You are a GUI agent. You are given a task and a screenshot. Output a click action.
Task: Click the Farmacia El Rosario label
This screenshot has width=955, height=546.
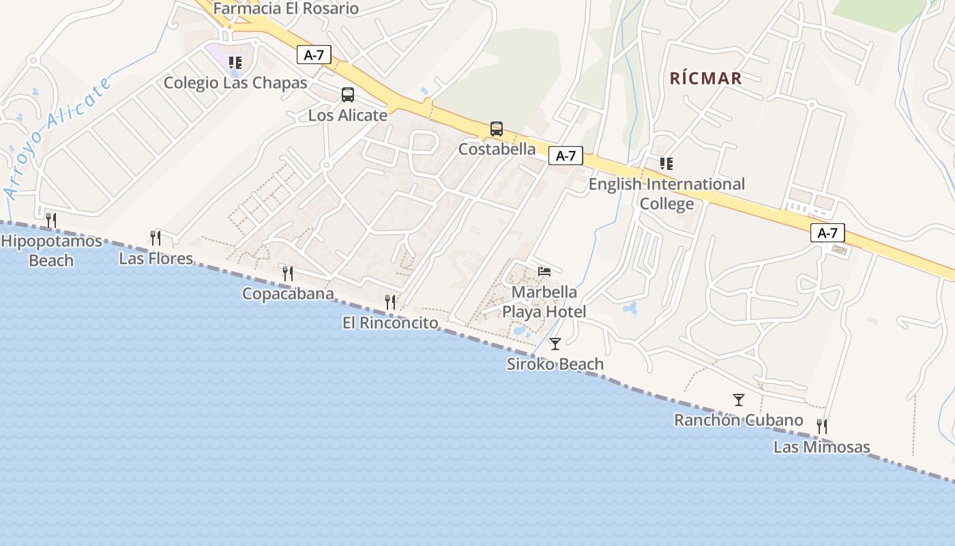point(286,9)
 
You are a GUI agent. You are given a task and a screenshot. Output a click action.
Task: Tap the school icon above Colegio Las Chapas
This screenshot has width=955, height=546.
point(235,63)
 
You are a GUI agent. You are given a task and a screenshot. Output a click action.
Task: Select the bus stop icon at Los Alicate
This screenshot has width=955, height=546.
point(348,95)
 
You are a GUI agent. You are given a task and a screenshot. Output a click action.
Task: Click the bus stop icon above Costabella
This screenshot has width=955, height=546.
point(497,128)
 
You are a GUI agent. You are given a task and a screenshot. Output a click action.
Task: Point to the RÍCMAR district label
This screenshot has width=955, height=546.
point(705,78)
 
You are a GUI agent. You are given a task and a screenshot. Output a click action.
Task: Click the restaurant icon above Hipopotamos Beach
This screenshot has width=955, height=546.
point(50,220)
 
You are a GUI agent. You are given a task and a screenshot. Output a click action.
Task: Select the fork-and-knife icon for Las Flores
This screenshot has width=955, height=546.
point(156,238)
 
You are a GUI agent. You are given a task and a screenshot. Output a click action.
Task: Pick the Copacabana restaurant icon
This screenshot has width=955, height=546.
point(288,273)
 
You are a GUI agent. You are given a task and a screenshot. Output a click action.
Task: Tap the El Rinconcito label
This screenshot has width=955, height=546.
point(390,323)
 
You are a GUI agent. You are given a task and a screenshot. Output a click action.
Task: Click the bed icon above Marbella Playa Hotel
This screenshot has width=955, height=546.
point(544,272)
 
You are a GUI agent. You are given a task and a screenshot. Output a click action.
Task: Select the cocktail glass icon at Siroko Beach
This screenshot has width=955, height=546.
point(555,343)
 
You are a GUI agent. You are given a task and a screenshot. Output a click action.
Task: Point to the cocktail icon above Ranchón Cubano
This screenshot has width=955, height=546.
point(738,399)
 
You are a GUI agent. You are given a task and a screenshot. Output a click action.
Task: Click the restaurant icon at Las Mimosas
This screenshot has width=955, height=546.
point(822,427)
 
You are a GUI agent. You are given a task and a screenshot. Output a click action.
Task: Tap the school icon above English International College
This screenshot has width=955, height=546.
point(666,163)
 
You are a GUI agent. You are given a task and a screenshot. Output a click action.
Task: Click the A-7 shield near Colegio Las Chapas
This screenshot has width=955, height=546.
point(314,55)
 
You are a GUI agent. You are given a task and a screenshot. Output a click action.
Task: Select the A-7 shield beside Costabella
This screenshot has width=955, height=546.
point(565,156)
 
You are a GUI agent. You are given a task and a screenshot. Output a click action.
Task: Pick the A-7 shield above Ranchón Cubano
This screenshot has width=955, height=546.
point(827,233)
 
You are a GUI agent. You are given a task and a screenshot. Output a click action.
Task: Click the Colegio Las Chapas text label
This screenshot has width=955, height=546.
point(235,83)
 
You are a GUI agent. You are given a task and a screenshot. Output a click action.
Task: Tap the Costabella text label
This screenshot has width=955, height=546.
point(497,149)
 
